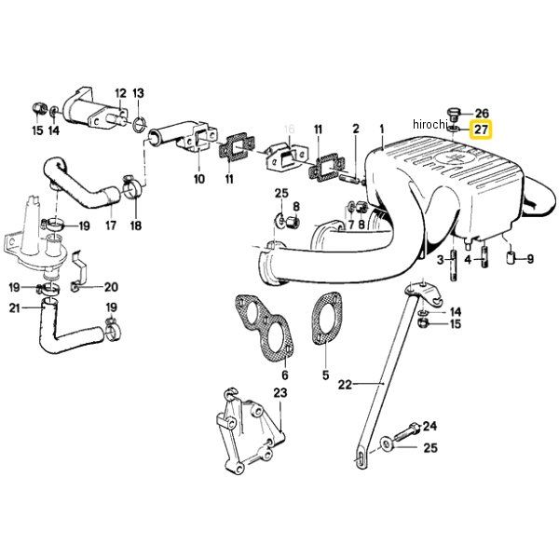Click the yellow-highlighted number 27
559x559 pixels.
[482, 130]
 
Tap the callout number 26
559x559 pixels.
[482, 113]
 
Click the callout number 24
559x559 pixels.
[429, 427]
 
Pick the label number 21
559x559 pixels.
[14, 308]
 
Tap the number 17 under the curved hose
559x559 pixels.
[110, 225]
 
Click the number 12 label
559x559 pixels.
[120, 93]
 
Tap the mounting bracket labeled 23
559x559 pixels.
[247, 439]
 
